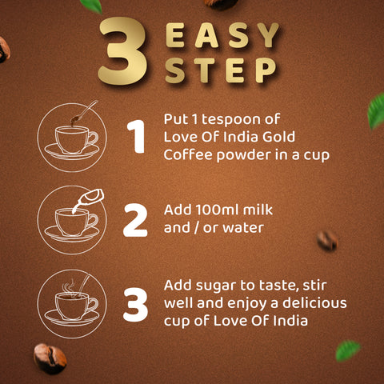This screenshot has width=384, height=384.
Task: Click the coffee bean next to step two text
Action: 326,240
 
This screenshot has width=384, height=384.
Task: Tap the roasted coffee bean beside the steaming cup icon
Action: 50,358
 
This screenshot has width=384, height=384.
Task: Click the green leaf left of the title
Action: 91,6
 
